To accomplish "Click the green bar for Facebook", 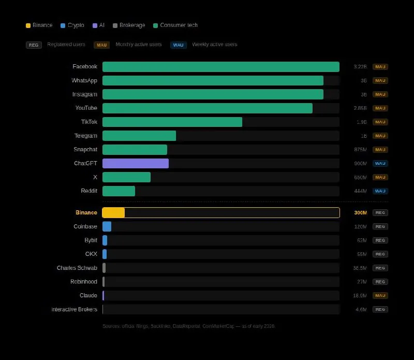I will (x=220, y=67).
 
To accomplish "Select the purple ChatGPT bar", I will (x=136, y=164).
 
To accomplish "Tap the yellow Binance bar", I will (x=114, y=213).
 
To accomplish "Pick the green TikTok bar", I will (x=172, y=122).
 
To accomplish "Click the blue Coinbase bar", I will (x=107, y=226).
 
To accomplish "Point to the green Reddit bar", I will (x=119, y=191).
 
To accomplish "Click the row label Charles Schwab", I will (x=77, y=268).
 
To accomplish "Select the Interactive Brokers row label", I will (x=74, y=309).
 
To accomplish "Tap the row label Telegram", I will (x=86, y=136).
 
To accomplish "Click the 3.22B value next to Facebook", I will (x=360, y=67).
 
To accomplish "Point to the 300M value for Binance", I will (x=360, y=213).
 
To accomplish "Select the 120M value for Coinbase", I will (x=360, y=227).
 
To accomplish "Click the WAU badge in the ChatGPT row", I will (x=380, y=164).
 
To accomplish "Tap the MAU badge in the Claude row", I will (x=380, y=296).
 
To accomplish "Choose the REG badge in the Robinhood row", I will (x=380, y=282).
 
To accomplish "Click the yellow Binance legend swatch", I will (x=28, y=25).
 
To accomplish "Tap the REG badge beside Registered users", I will (x=34, y=45).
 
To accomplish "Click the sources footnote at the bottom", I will (x=189, y=326).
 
